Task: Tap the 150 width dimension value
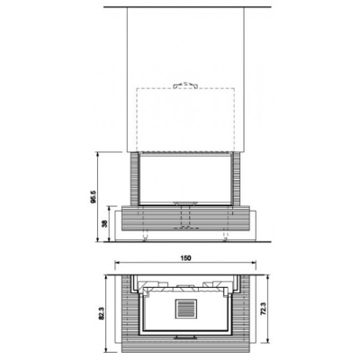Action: pos(186,259)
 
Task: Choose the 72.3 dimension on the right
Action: pos(262,309)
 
